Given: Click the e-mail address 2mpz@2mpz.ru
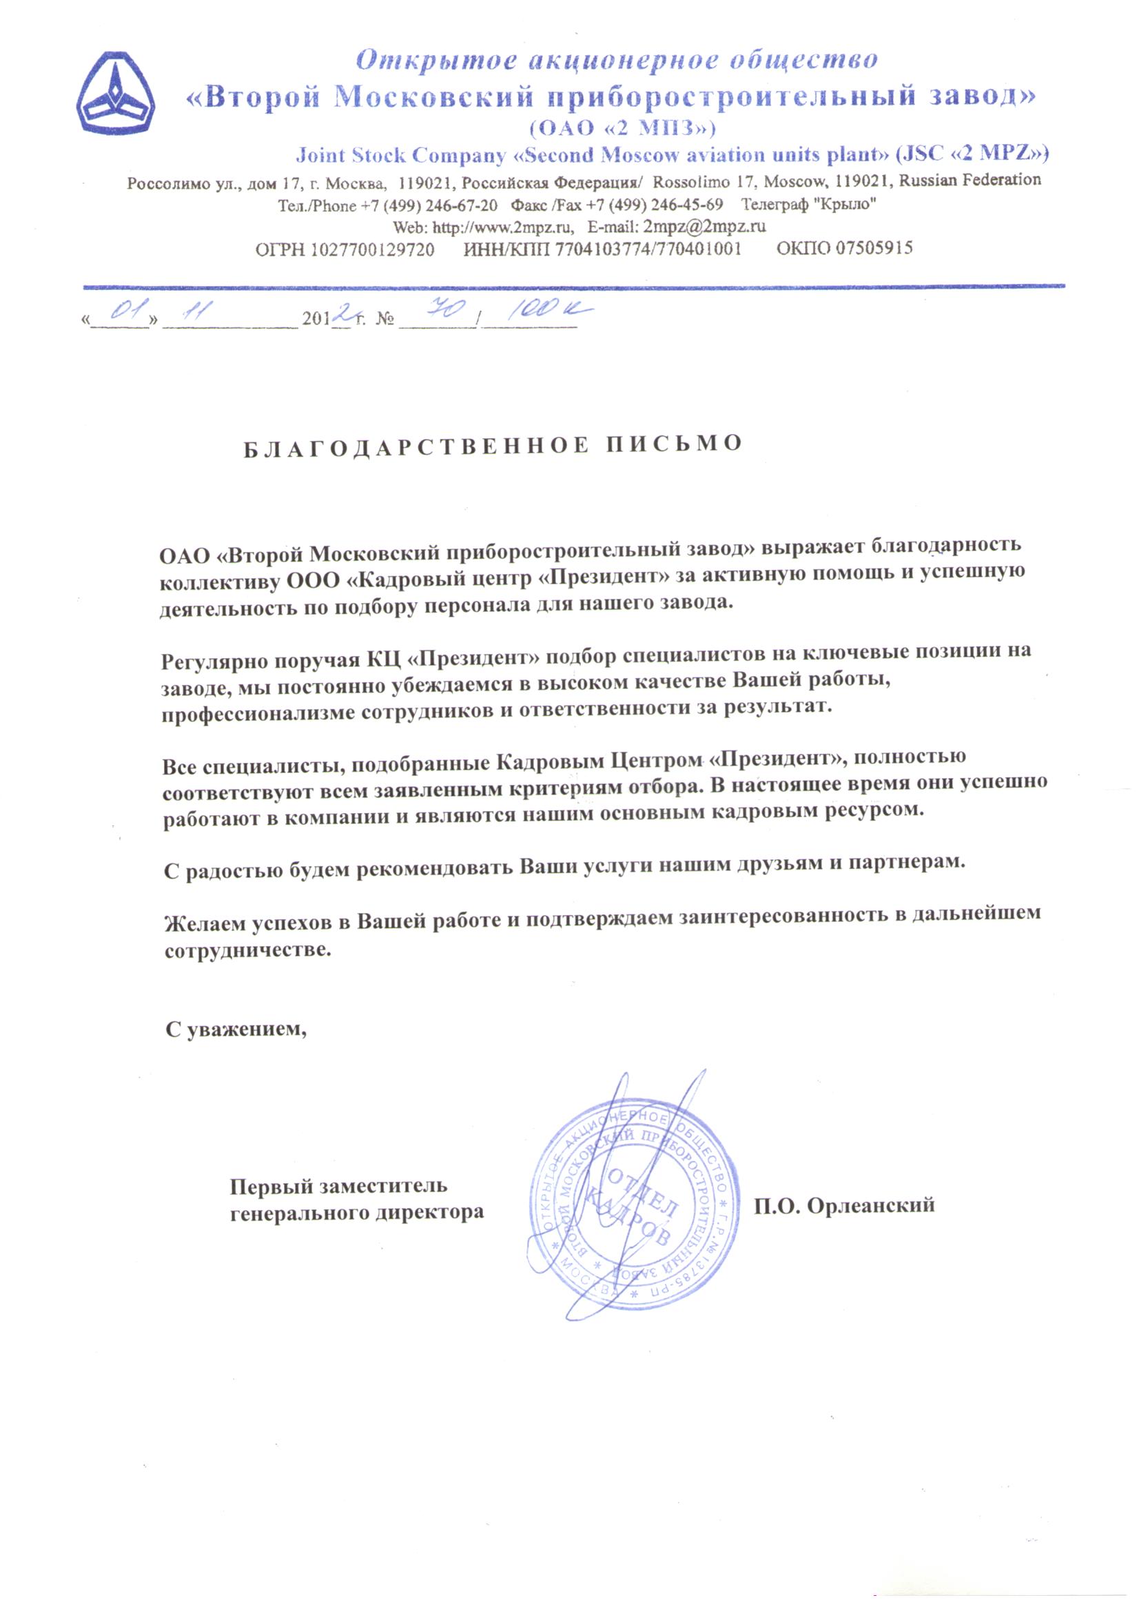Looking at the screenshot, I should click(x=704, y=227).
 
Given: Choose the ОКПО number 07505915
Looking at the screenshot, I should click(x=873, y=247).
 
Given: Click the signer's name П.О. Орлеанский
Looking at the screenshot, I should click(x=844, y=1205).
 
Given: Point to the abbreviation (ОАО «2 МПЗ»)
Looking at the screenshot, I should click(x=622, y=128).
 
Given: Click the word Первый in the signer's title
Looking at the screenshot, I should click(x=270, y=1187).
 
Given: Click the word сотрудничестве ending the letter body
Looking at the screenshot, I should click(x=247, y=951).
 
